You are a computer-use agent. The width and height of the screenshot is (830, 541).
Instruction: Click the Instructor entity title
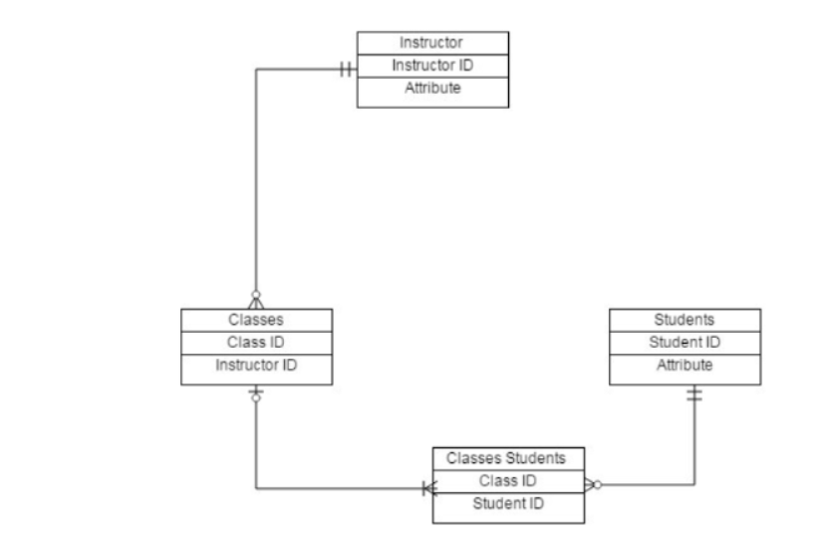click(x=431, y=43)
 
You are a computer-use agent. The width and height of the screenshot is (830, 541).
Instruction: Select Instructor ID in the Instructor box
click(x=431, y=66)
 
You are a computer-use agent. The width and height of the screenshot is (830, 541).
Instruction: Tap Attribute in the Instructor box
click(x=431, y=89)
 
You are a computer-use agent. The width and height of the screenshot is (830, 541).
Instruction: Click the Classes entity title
click(x=256, y=320)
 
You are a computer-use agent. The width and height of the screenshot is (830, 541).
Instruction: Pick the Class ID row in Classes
click(x=256, y=343)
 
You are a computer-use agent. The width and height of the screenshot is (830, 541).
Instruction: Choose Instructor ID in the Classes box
click(x=256, y=366)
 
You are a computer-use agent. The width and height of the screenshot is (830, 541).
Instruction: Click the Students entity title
click(x=684, y=320)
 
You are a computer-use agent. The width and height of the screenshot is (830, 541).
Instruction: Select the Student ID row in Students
click(x=684, y=343)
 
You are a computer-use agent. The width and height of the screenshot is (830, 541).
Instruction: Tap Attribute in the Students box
click(x=684, y=366)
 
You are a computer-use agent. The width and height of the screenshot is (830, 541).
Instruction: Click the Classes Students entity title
click(x=507, y=458)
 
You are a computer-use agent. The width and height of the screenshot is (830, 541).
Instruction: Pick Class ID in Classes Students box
click(x=507, y=481)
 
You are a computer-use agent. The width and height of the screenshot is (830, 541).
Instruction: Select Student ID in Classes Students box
click(x=507, y=504)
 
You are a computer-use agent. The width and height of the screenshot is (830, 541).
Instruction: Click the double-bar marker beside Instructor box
click(x=346, y=70)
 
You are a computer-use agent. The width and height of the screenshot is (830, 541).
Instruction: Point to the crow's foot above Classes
click(x=256, y=300)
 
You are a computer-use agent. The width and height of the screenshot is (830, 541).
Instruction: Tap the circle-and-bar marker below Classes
click(x=256, y=396)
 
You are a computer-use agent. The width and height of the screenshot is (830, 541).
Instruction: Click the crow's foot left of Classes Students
click(x=426, y=488)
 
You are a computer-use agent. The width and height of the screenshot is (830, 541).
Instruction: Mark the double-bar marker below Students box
click(x=694, y=395)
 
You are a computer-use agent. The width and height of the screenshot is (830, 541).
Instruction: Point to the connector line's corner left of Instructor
click(x=257, y=70)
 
